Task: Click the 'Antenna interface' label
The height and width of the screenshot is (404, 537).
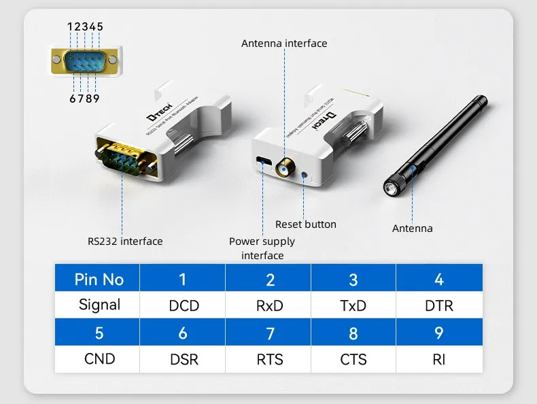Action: [x=284, y=44]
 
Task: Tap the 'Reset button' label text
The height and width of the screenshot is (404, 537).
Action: [x=305, y=224]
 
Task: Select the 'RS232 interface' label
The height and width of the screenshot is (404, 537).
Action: [x=125, y=241]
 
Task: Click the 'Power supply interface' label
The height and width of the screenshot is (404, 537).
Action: [x=262, y=248]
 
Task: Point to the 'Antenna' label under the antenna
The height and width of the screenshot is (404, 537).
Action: [x=412, y=229]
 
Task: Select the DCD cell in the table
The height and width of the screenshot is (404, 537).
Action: [x=184, y=305]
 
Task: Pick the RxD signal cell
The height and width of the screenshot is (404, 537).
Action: [x=269, y=305]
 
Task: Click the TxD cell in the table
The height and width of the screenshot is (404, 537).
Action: [x=353, y=305]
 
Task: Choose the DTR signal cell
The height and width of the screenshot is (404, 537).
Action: [x=438, y=305]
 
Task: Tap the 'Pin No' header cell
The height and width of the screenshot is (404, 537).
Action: [x=99, y=280]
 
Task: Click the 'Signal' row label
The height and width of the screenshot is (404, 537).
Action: [x=99, y=305]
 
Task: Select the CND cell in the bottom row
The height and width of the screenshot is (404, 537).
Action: [x=99, y=358]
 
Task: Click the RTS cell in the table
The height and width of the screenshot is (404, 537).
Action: [x=269, y=358]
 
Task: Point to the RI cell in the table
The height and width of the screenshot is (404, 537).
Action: [x=438, y=358]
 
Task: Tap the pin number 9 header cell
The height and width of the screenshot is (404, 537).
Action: [x=438, y=333]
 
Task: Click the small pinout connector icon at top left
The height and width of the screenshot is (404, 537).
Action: [x=86, y=62]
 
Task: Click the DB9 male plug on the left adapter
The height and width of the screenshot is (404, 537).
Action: [x=128, y=158]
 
